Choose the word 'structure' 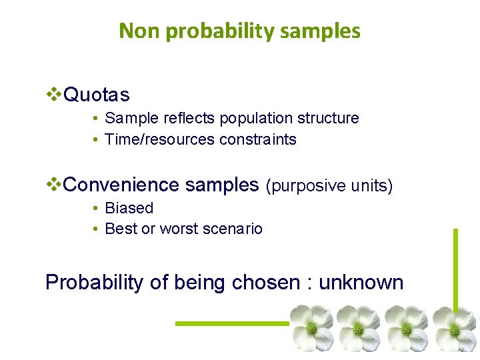coord(328,119)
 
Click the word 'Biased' coord(129,208)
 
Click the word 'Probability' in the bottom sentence coord(94,283)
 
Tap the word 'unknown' coord(361,283)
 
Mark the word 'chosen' coord(265,283)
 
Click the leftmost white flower coord(311,327)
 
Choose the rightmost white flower coord(455,327)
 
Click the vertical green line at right coord(455,267)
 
